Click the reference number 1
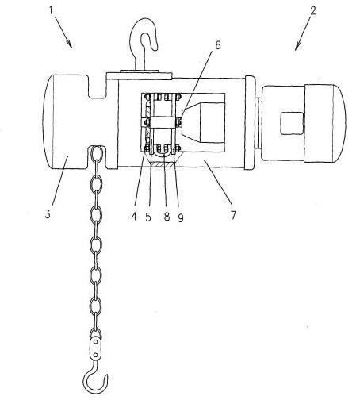51,10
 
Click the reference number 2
312,10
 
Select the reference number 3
48,213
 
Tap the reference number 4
134,216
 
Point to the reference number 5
148,217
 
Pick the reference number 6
218,45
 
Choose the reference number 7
233,215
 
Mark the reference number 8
167,217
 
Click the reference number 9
181,217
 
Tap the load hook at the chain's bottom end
94,383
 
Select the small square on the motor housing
292,123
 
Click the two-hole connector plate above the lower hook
96,348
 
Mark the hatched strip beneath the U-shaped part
163,164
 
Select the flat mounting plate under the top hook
140,76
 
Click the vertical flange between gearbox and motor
250,122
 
